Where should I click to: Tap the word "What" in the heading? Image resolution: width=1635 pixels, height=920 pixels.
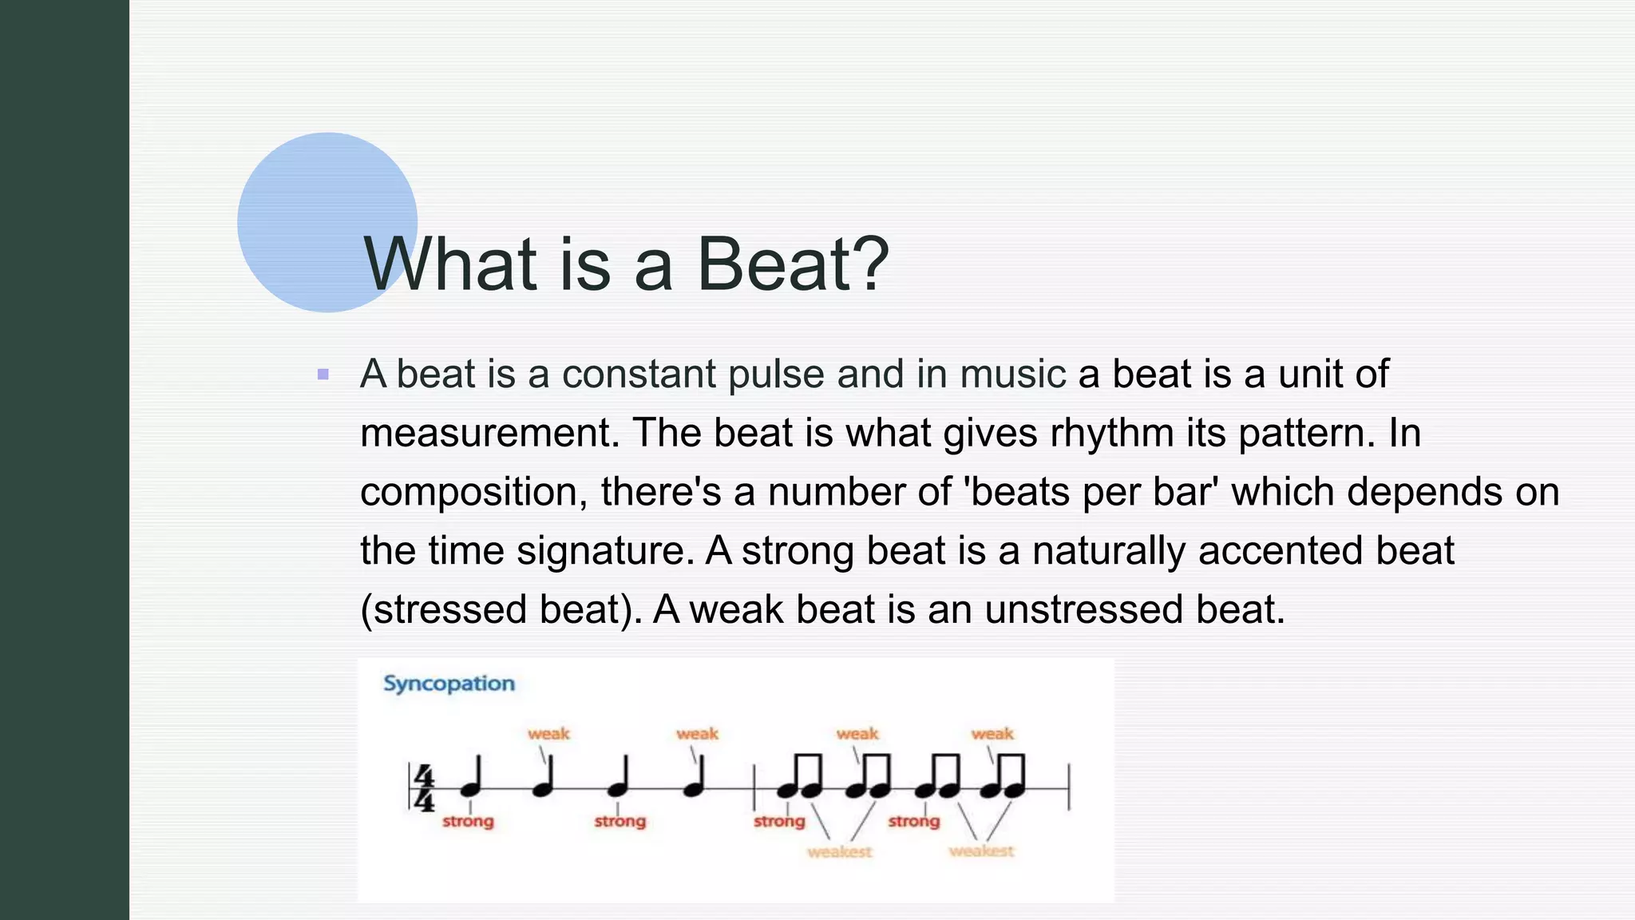point(449,264)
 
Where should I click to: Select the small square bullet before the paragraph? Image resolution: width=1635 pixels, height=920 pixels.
point(323,374)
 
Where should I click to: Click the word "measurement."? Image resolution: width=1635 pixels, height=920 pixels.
point(489,433)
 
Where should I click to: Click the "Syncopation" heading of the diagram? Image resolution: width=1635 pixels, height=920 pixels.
point(449,684)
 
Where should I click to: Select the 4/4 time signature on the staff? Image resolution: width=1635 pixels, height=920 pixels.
point(423,787)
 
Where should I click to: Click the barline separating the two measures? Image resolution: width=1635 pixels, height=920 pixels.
point(754,787)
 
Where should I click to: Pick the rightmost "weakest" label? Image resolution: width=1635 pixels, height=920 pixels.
point(981,851)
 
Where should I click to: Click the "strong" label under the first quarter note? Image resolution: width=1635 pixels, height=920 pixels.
point(468,822)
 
